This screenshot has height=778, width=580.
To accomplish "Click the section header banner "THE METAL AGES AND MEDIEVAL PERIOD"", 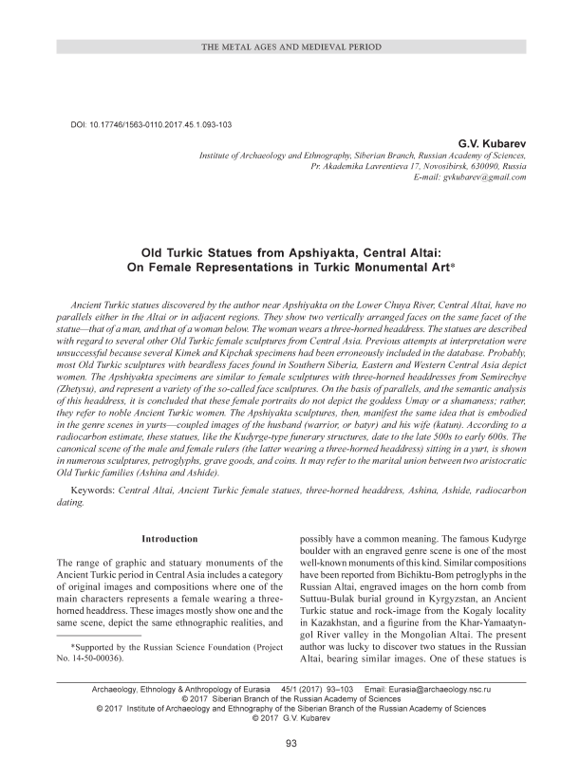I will [x=290, y=46].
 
